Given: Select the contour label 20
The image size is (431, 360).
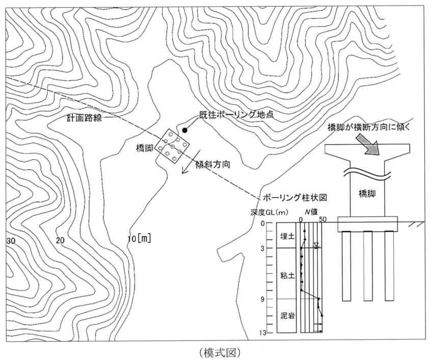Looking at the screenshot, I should click(60, 240).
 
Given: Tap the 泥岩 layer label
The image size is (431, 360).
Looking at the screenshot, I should click(286, 316).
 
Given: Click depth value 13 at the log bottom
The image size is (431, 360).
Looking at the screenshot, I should click(268, 333).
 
